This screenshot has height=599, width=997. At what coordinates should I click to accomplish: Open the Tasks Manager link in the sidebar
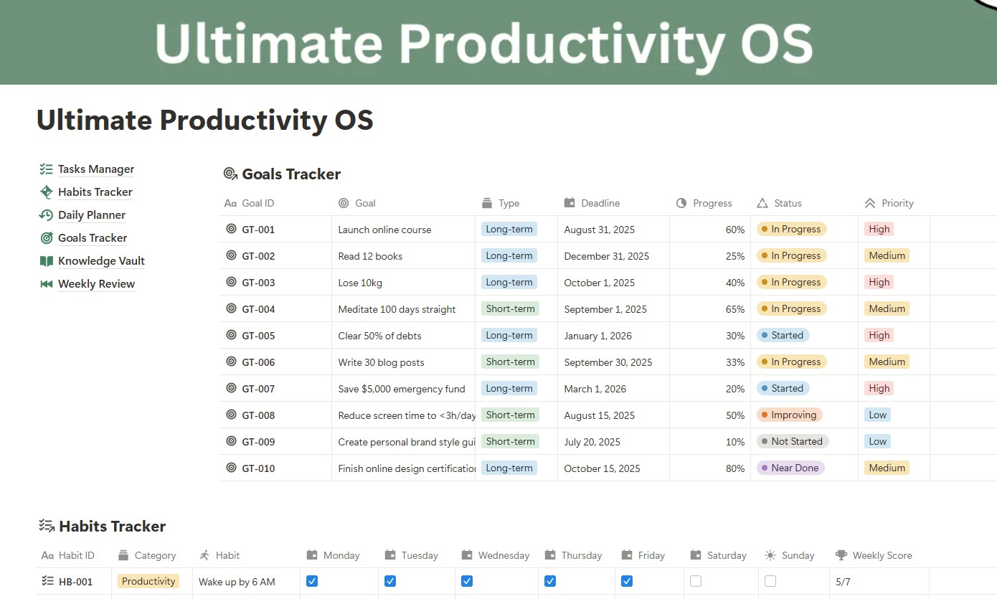(95, 169)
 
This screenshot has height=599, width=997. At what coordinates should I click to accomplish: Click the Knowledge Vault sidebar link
(101, 261)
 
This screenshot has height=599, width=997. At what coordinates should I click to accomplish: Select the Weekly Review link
(96, 284)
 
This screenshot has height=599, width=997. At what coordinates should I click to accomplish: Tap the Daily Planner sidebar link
(91, 215)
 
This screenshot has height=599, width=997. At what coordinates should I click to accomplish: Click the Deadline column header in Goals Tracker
(600, 203)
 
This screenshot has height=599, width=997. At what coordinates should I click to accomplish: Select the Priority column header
(897, 203)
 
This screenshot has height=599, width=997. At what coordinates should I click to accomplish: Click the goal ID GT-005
(258, 336)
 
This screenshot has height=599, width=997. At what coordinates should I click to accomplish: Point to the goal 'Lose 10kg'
(360, 283)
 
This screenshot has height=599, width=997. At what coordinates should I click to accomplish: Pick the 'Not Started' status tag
(793, 441)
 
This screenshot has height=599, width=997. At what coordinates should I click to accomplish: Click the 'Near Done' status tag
(790, 468)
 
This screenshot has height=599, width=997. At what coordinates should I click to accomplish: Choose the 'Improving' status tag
(789, 415)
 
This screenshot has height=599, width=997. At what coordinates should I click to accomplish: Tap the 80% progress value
(735, 468)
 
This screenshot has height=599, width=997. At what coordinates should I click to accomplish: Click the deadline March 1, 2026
(595, 389)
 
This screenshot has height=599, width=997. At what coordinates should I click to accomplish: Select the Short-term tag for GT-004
(510, 309)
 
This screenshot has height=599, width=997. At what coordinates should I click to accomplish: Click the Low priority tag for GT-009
(877, 441)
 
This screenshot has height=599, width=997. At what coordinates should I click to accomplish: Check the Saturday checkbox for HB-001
(696, 581)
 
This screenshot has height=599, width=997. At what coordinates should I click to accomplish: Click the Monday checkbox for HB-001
(312, 581)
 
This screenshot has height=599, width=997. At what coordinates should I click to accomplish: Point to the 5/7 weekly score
(843, 582)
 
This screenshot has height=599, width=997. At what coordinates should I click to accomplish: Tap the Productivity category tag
(148, 582)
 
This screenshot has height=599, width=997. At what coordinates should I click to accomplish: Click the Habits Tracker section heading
(112, 527)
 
